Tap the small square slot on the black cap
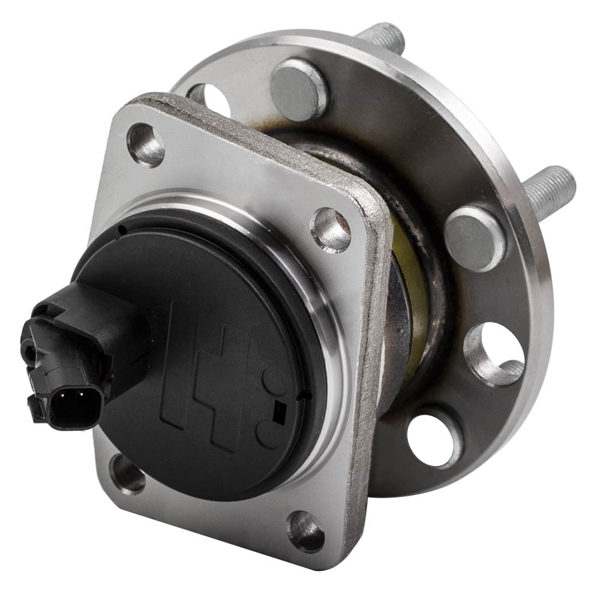pos(278,410)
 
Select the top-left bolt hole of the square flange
pos(146,144)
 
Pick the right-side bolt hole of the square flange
pos(331,229)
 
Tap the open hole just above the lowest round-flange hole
pos(493,354)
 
